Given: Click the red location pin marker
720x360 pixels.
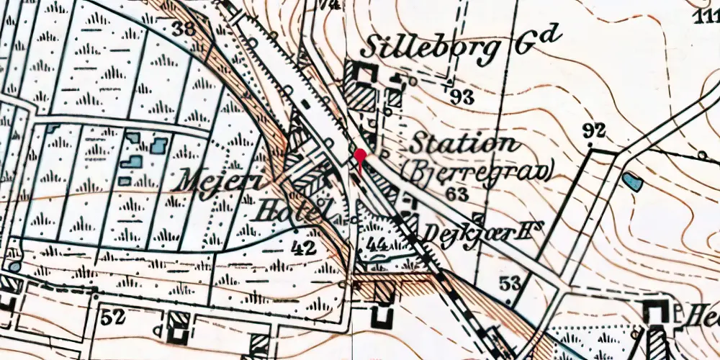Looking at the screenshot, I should click(359, 157).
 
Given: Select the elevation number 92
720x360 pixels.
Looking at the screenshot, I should click(594, 131).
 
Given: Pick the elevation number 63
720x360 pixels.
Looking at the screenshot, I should click(456, 193).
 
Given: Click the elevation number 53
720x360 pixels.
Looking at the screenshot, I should click(510, 282).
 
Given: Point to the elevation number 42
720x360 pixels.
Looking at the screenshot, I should click(305, 249).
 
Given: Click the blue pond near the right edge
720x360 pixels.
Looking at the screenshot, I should click(633, 181).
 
